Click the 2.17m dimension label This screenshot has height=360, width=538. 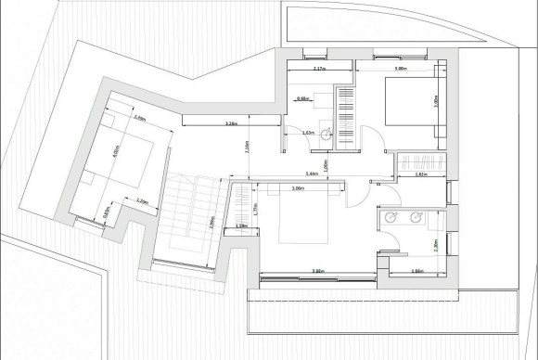click(x=319, y=69)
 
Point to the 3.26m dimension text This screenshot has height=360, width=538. click(x=233, y=123)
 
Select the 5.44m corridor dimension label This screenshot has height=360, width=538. click(x=313, y=174)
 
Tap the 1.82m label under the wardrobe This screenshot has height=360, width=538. click(x=420, y=174)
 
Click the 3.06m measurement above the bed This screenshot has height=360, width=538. click(x=299, y=189)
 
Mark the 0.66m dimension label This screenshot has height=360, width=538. click(x=302, y=98)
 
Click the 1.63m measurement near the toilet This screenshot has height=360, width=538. click(x=308, y=134)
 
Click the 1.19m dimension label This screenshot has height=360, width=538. click(x=241, y=225)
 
